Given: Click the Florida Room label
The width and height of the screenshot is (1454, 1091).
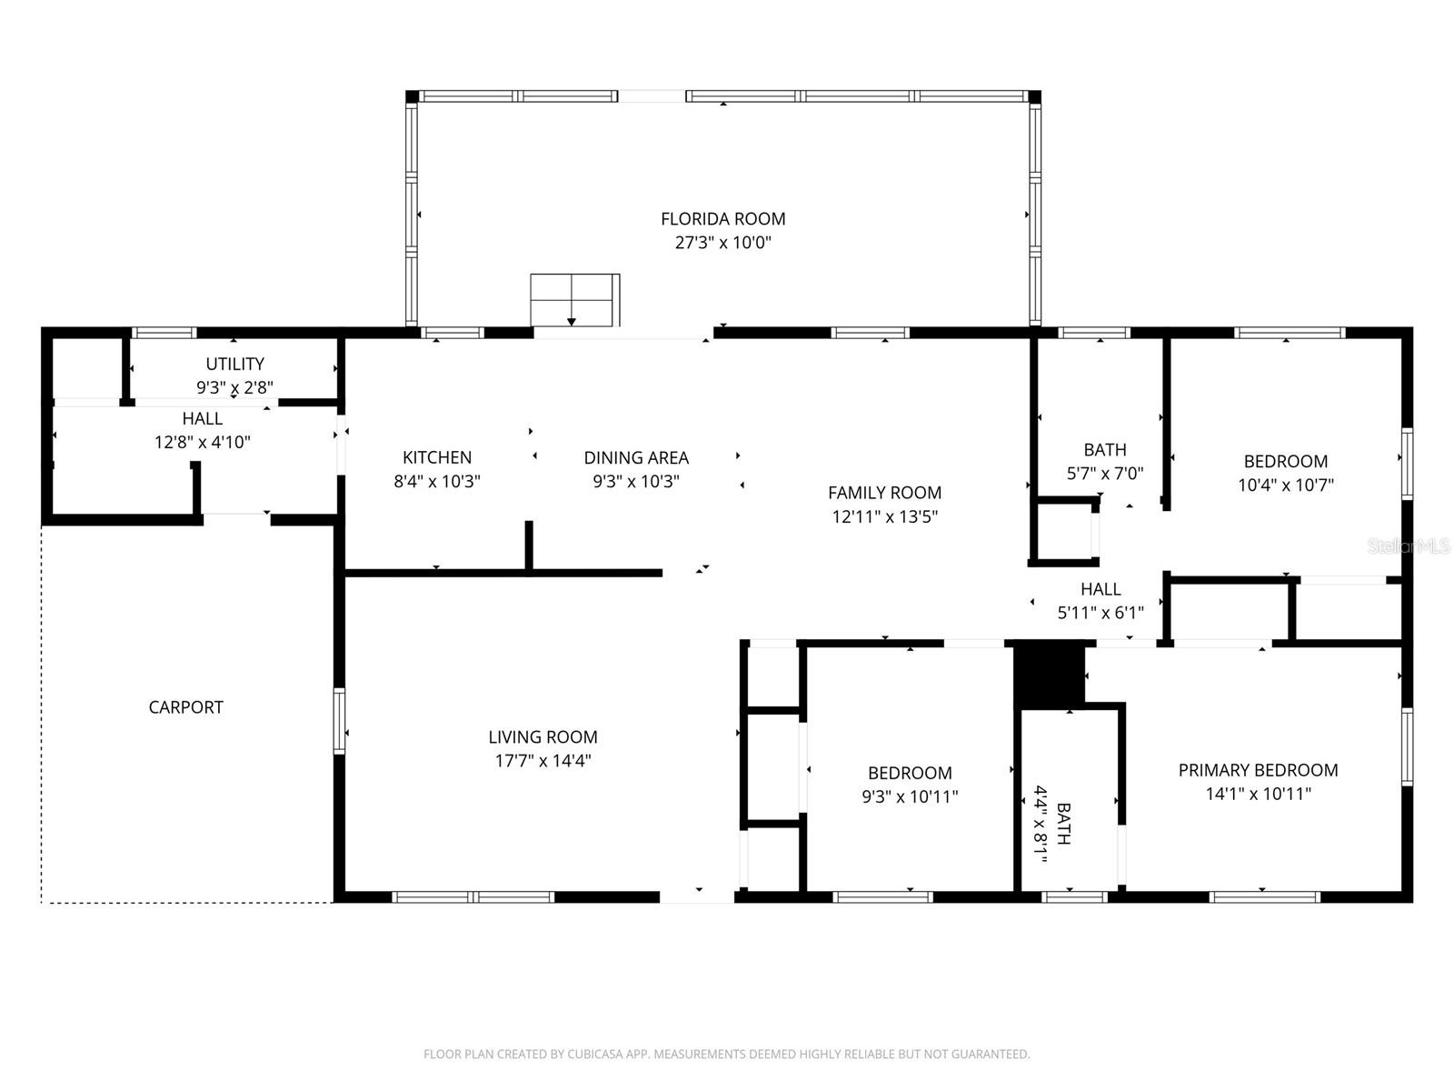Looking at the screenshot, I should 722,219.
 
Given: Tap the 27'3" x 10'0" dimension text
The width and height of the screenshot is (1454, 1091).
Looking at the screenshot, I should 722,243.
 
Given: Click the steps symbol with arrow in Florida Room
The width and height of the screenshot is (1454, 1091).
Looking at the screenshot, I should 574,300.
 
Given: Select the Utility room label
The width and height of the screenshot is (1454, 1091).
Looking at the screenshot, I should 234,364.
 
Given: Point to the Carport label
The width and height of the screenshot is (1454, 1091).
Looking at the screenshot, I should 185,707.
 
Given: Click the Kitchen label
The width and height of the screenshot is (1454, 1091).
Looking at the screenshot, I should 437,457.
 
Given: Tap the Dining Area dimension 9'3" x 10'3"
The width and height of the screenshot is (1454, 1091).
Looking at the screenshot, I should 636,482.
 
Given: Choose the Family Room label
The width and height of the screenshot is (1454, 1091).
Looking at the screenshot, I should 884,493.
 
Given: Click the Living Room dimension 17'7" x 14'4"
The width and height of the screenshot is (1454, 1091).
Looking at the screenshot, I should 543,761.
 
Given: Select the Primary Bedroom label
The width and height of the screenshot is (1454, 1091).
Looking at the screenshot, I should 1258,770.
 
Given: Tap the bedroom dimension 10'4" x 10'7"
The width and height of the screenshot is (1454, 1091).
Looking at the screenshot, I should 1285,485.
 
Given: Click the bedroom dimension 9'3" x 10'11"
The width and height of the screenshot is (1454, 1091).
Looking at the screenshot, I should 910,797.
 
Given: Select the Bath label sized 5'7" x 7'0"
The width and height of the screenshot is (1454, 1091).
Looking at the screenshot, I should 1105,449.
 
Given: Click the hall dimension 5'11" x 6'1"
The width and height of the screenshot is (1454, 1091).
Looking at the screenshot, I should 1100,614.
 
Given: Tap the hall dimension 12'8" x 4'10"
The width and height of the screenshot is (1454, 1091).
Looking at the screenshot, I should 202,443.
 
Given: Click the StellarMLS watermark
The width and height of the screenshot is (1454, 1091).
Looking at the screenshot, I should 1408,546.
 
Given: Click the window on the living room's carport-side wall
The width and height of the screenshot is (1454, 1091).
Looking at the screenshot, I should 339,721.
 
